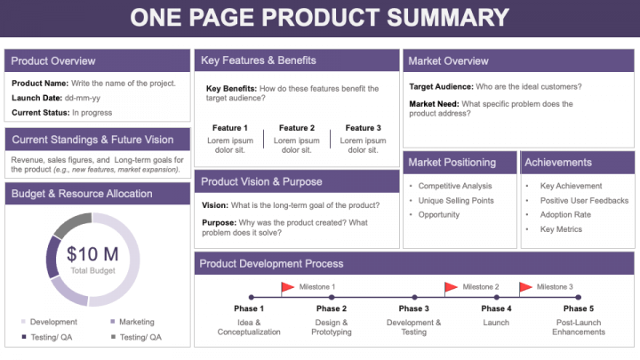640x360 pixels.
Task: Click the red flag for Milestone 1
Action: coord(288,287)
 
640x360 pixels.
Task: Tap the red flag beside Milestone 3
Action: coord(525,287)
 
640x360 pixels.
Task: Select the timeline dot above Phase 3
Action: coord(414,298)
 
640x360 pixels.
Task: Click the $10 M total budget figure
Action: coord(92,254)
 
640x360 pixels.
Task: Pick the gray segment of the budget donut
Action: coord(70,224)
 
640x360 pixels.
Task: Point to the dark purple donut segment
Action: coord(52,257)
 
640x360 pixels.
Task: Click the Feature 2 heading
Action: coord(297,128)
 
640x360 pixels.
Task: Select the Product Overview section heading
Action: coord(53,60)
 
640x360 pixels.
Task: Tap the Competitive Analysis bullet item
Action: coord(455,186)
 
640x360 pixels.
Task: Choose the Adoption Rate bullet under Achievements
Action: coord(565,215)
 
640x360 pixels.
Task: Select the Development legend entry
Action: coord(50,322)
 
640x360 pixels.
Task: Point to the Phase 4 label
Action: coord(496,308)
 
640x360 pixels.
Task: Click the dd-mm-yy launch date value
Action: coord(83,98)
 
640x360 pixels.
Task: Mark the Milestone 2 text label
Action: coord(481,287)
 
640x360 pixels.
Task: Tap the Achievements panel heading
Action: coord(558,163)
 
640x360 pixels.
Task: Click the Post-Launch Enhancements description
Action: coord(579,327)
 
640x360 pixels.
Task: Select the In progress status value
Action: coord(92,113)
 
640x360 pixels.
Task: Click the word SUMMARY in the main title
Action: coord(448,18)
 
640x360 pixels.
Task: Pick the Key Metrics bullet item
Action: coord(561,229)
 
